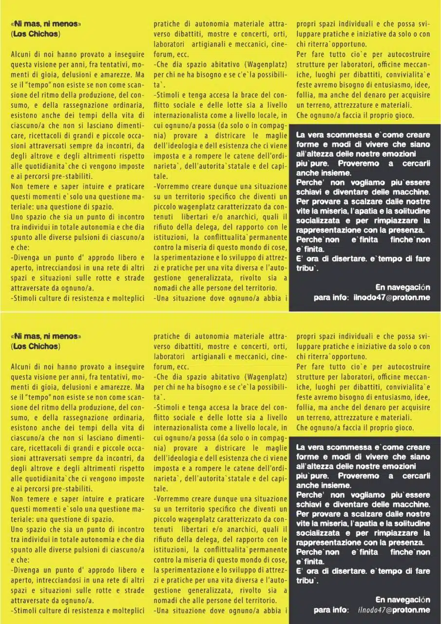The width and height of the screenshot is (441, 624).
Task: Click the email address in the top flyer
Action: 392,297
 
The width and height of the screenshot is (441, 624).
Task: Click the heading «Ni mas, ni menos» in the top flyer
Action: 46,23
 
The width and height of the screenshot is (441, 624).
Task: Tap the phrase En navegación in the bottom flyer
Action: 403,599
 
